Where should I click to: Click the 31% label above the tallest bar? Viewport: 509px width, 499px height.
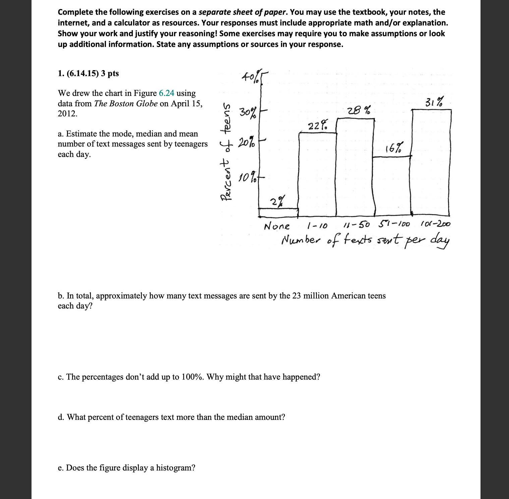(x=434, y=102)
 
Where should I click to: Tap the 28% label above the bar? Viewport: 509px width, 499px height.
(x=359, y=110)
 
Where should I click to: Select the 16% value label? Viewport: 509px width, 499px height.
(x=394, y=147)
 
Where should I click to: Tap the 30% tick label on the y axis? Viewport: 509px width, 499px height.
(x=248, y=112)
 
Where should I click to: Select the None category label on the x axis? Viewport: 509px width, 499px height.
(x=277, y=226)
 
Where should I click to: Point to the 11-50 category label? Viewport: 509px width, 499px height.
(x=357, y=224)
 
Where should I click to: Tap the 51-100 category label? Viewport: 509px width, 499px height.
(x=394, y=224)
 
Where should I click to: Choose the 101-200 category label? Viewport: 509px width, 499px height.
(x=435, y=224)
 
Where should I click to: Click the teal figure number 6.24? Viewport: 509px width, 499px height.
(x=166, y=93)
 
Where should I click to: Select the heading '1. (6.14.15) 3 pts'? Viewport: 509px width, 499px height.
(x=88, y=73)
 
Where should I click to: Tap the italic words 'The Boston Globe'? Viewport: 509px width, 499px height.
(x=126, y=103)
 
